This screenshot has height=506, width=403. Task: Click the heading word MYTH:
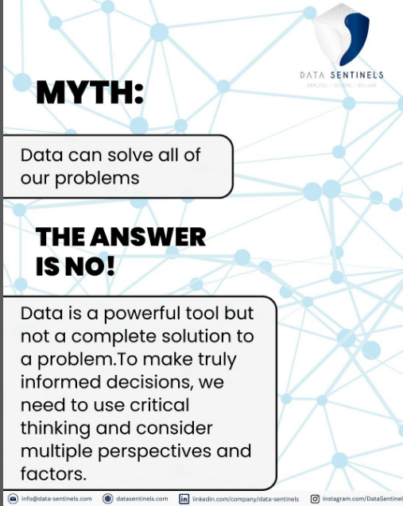pyautogui.click(x=89, y=95)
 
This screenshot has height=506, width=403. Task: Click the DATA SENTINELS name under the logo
pyautogui.click(x=342, y=75)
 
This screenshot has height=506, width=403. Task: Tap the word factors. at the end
pyautogui.click(x=53, y=475)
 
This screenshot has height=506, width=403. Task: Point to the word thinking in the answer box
pyautogui.click(x=55, y=429)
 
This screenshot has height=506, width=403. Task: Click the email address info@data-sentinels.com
pyautogui.click(x=56, y=499)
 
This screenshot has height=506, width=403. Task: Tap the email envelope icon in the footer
pyautogui.click(x=12, y=499)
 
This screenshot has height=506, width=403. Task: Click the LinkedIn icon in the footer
pyautogui.click(x=184, y=499)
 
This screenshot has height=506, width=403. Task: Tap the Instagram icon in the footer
pyautogui.click(x=315, y=499)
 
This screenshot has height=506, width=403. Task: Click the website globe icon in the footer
pyautogui.click(x=108, y=499)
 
